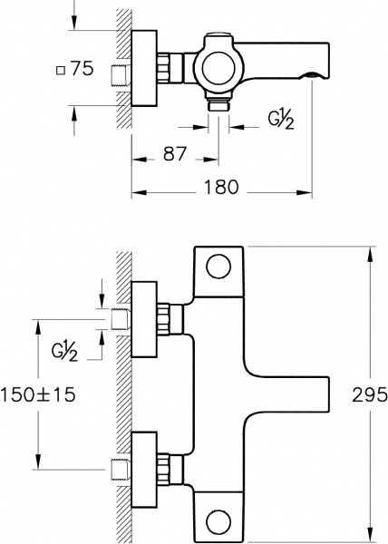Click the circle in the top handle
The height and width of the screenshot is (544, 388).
pos(217,266)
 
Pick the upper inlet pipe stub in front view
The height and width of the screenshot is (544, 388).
pos(120,320)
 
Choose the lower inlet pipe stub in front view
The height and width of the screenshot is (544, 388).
pos(120,469)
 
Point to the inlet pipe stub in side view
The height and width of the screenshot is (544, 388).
pos(120,70)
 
